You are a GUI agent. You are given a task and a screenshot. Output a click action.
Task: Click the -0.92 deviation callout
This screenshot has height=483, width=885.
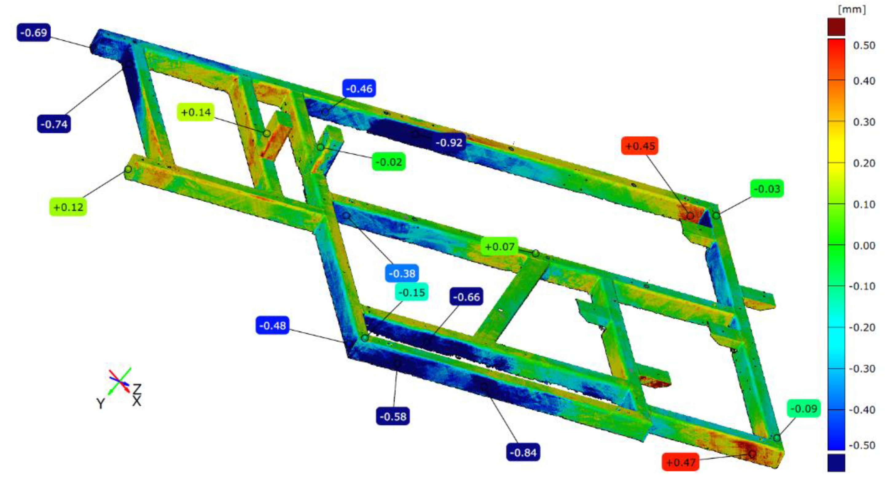coord(449,142)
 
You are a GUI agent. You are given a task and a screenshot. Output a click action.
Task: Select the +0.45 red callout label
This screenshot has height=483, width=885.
coord(640,146)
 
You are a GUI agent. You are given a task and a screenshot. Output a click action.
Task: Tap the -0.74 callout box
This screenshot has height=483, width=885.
coord(54,124)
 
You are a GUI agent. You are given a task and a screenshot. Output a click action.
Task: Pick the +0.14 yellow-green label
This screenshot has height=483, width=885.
coord(196,112)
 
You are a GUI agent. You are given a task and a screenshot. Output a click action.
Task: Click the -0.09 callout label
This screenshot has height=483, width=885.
coord(804,408)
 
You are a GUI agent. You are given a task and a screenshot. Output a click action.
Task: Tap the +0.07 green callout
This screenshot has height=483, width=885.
coord(499,246)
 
